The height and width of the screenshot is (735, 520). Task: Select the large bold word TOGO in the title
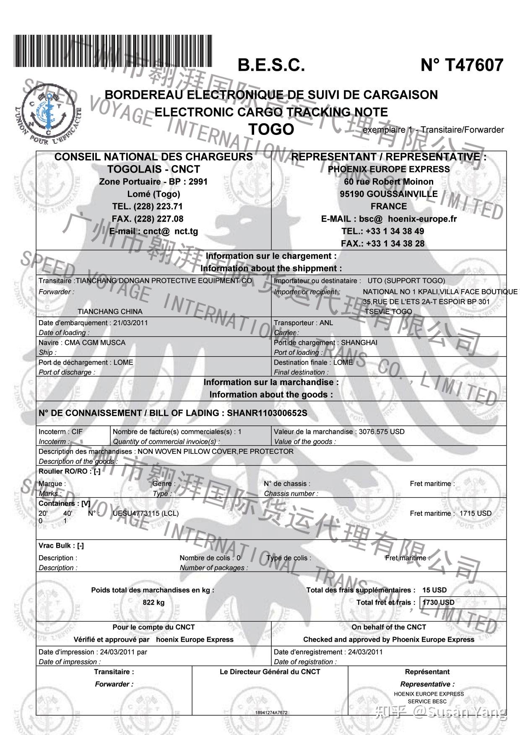pos(271,129)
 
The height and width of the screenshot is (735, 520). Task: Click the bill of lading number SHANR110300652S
pos(267,413)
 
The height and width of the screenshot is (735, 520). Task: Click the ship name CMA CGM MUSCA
pos(95,342)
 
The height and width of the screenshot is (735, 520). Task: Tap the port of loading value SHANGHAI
pos(359,342)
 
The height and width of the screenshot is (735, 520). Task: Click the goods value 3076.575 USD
pos(382,432)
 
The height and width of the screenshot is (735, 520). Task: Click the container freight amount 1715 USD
pos(475,513)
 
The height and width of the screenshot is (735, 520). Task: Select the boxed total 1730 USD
pos(439,603)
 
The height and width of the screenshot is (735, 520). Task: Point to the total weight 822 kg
pos(153,603)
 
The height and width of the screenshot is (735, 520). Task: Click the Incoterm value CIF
pos(77,432)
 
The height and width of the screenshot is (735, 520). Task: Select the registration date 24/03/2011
pos(365,652)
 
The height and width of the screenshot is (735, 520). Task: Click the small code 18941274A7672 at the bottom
pos(271,713)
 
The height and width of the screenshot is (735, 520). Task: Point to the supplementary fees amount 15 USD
pos(434,590)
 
